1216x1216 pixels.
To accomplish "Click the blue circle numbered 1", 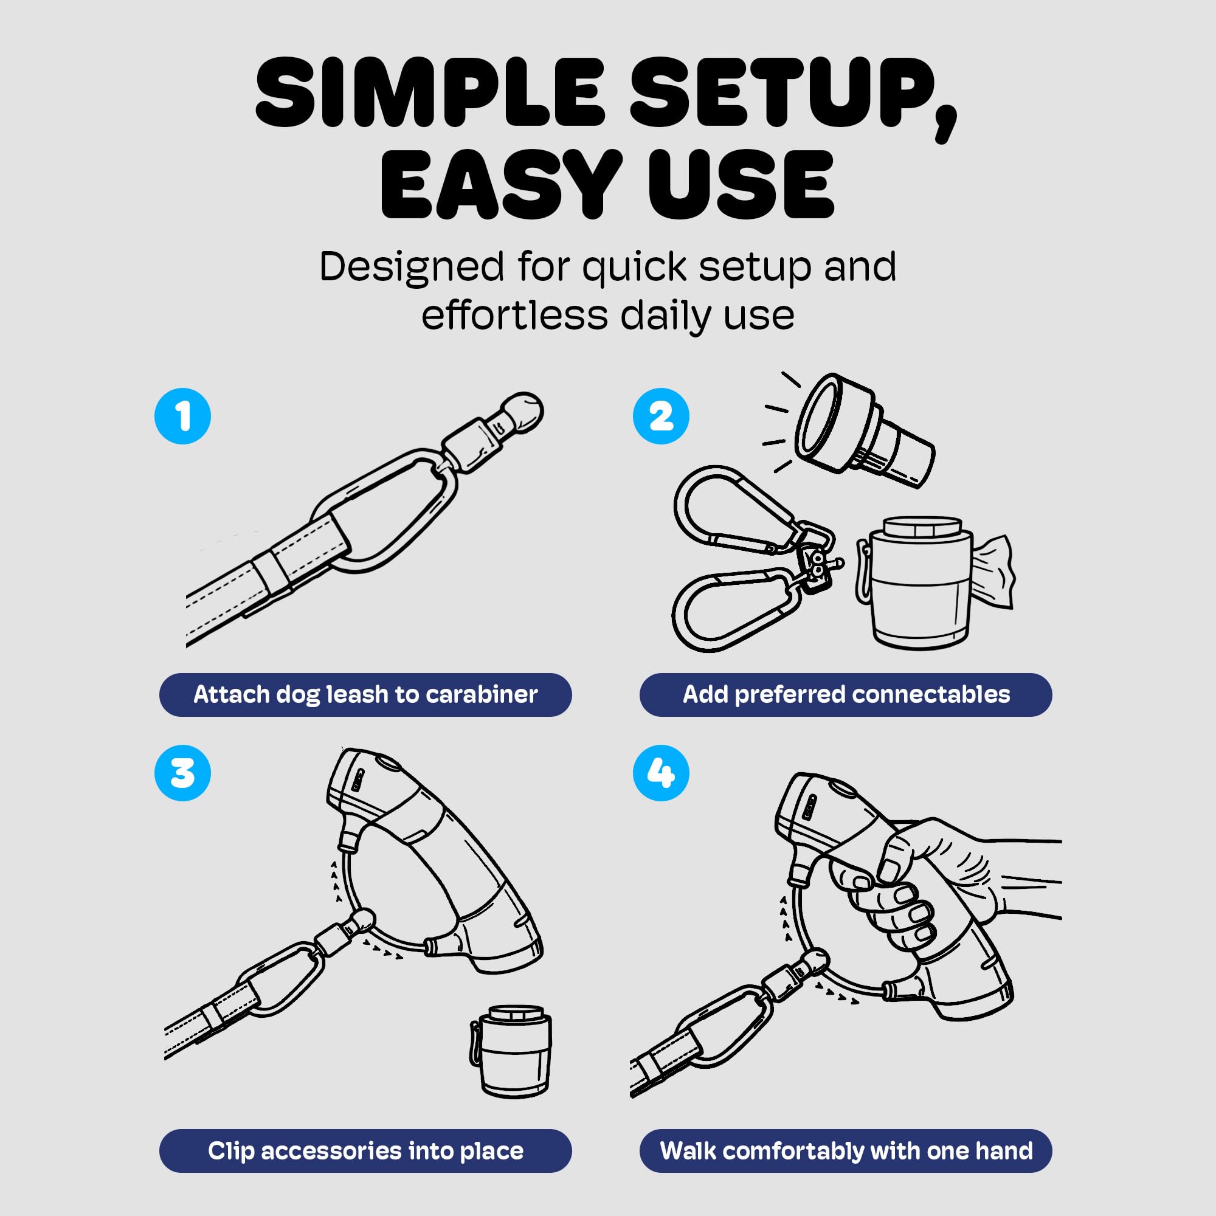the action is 182,416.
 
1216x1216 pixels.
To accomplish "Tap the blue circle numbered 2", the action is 661,416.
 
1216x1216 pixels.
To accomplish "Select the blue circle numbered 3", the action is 182,773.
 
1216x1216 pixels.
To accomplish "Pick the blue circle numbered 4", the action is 661,773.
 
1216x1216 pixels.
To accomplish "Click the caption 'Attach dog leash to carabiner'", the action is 365,694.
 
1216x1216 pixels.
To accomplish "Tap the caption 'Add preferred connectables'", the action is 846,694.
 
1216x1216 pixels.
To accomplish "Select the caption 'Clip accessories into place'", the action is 365,1151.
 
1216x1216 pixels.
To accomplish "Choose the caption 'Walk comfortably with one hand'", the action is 846,1151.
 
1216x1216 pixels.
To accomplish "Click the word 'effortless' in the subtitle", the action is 514,315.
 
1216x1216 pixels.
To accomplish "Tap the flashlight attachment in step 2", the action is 864,429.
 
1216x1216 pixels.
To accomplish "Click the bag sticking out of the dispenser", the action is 993,572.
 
